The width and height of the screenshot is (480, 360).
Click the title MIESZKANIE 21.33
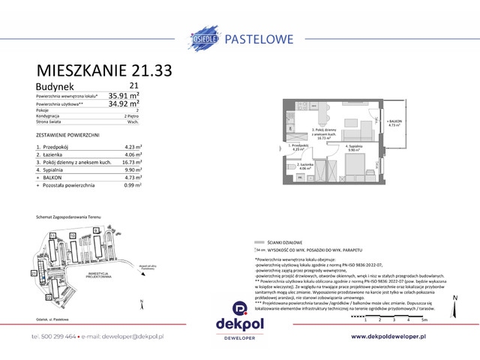pyautogui.click(x=104, y=70)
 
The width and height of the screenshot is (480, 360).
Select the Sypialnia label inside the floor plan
pyautogui.click(x=355, y=148)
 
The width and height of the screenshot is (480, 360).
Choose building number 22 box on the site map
pyautogui.click(x=48, y=297)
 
